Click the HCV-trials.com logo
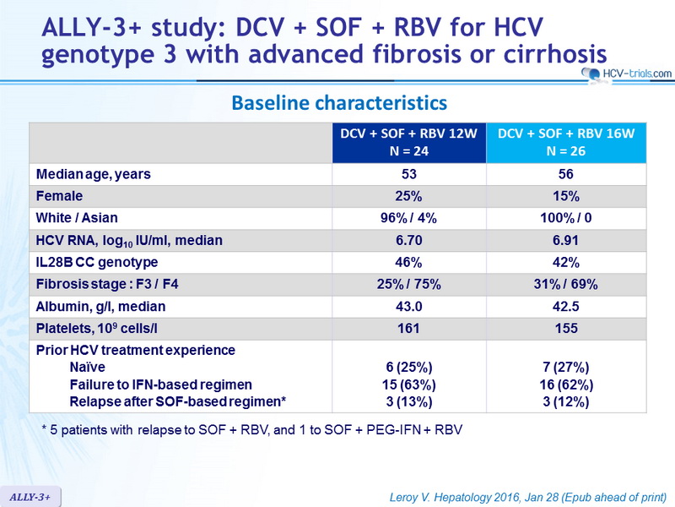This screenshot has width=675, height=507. point(626,74)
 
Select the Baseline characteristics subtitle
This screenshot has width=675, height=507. point(339,103)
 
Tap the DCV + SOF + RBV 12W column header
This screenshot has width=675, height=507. point(409,142)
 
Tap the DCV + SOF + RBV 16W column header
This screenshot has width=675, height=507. point(566,142)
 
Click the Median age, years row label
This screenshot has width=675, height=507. point(94,174)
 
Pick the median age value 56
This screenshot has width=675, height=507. point(565,174)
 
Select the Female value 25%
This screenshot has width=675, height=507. point(408,196)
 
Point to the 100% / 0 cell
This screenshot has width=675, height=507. point(565,218)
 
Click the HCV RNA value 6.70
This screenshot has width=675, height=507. point(409,240)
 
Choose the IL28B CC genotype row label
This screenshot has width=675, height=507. point(97,262)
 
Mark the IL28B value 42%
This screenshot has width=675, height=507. point(565,262)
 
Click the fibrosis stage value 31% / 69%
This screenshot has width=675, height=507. point(565,284)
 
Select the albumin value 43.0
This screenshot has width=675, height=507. point(409,307)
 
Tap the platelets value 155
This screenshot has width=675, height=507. point(566,329)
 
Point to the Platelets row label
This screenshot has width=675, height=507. point(96,329)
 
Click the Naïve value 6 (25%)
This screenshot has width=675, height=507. point(409,368)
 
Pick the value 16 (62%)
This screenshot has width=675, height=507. point(566,384)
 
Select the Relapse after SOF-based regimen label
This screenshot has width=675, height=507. point(178,402)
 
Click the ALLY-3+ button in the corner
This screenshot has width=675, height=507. point(30,497)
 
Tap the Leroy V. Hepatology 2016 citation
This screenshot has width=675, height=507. point(528,497)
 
